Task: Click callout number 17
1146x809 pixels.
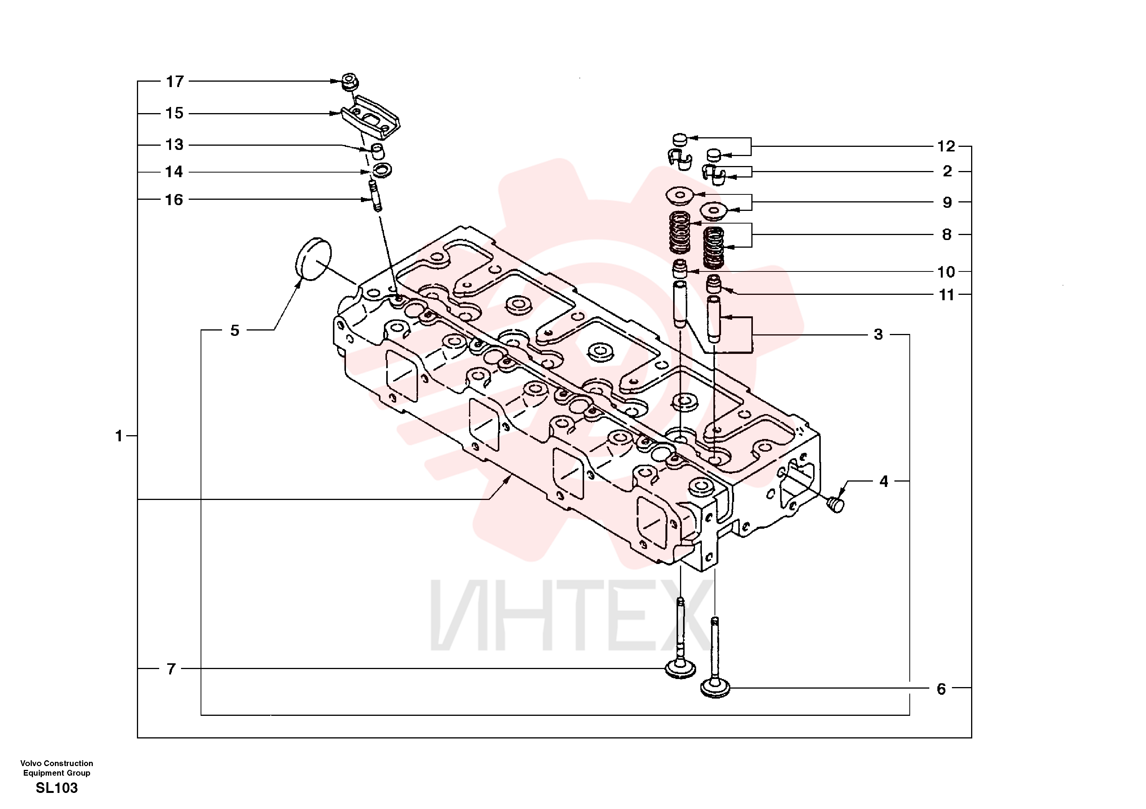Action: tap(175, 81)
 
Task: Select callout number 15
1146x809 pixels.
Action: tap(175, 113)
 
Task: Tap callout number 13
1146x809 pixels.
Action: tap(175, 145)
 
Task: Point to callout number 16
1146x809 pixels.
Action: tap(175, 200)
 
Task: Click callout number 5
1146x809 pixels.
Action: tap(235, 331)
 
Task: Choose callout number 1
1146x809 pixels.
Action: tap(119, 436)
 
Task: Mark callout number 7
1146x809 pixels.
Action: tap(171, 669)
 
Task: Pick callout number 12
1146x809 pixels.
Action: tap(946, 146)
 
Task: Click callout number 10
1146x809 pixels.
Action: tap(946, 272)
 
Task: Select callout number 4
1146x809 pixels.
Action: tap(884, 482)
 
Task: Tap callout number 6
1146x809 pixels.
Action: tap(941, 689)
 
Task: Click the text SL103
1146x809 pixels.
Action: tap(57, 788)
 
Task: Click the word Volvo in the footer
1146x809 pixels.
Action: tap(31, 763)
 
